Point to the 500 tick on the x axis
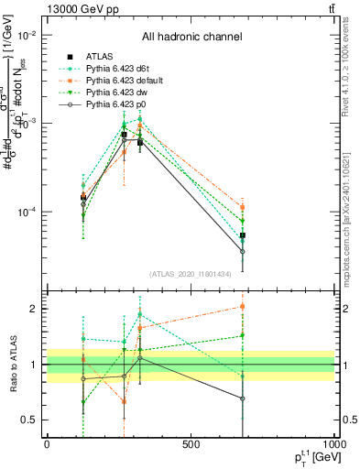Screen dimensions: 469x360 click(x=191, y=445)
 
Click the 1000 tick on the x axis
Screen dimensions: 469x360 click(x=333, y=445)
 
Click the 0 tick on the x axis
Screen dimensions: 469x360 click(x=47, y=445)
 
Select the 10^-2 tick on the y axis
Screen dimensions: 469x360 click(x=27, y=35)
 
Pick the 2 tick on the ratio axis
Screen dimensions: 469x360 click(x=35, y=309)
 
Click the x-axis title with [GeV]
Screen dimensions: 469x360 click(x=311, y=458)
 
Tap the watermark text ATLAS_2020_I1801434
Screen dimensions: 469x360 click(x=191, y=274)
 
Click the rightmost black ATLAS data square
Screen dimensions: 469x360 click(x=243, y=235)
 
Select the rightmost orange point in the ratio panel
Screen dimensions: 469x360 click(x=243, y=306)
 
